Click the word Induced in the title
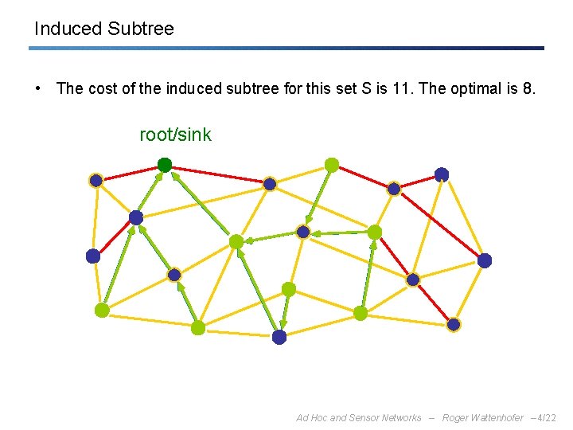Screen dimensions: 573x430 [x=68, y=29]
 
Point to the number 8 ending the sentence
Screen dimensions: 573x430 [x=528, y=88]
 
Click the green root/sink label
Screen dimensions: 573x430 [x=175, y=135]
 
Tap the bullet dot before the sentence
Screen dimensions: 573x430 [x=38, y=88]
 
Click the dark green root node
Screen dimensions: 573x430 [x=165, y=165]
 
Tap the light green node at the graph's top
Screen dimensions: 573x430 [x=332, y=165]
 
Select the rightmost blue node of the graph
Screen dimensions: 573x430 [x=485, y=260]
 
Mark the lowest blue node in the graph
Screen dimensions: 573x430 [x=279, y=337]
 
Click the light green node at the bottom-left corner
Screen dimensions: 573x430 [x=102, y=311]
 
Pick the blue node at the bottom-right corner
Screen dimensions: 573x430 [x=454, y=324]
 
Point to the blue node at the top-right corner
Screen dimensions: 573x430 [x=442, y=174]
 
